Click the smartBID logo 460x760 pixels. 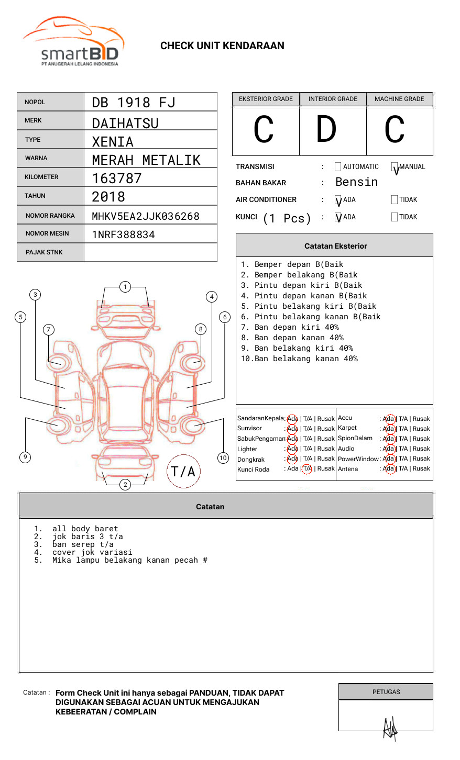(x=73, y=42)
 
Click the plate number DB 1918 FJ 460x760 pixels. (x=133, y=103)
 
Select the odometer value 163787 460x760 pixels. (x=117, y=178)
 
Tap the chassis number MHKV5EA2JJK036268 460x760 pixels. (x=146, y=216)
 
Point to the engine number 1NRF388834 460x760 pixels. (x=123, y=234)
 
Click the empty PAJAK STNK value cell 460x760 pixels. (x=150, y=252)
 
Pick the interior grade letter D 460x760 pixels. (x=326, y=130)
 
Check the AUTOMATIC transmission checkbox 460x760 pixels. (x=338, y=167)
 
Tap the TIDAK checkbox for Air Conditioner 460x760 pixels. (x=395, y=200)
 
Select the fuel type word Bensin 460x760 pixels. (x=356, y=182)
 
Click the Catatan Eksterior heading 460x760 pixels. (x=335, y=246)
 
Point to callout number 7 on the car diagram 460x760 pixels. (x=49, y=329)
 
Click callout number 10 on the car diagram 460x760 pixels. (x=223, y=458)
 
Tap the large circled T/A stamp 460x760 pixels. (x=183, y=472)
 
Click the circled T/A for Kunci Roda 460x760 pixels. (x=307, y=469)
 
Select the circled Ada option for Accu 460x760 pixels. (x=389, y=419)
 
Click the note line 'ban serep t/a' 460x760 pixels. (x=83, y=544)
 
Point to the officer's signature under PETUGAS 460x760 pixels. (x=390, y=728)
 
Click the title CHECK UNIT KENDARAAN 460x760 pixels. (x=222, y=46)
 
